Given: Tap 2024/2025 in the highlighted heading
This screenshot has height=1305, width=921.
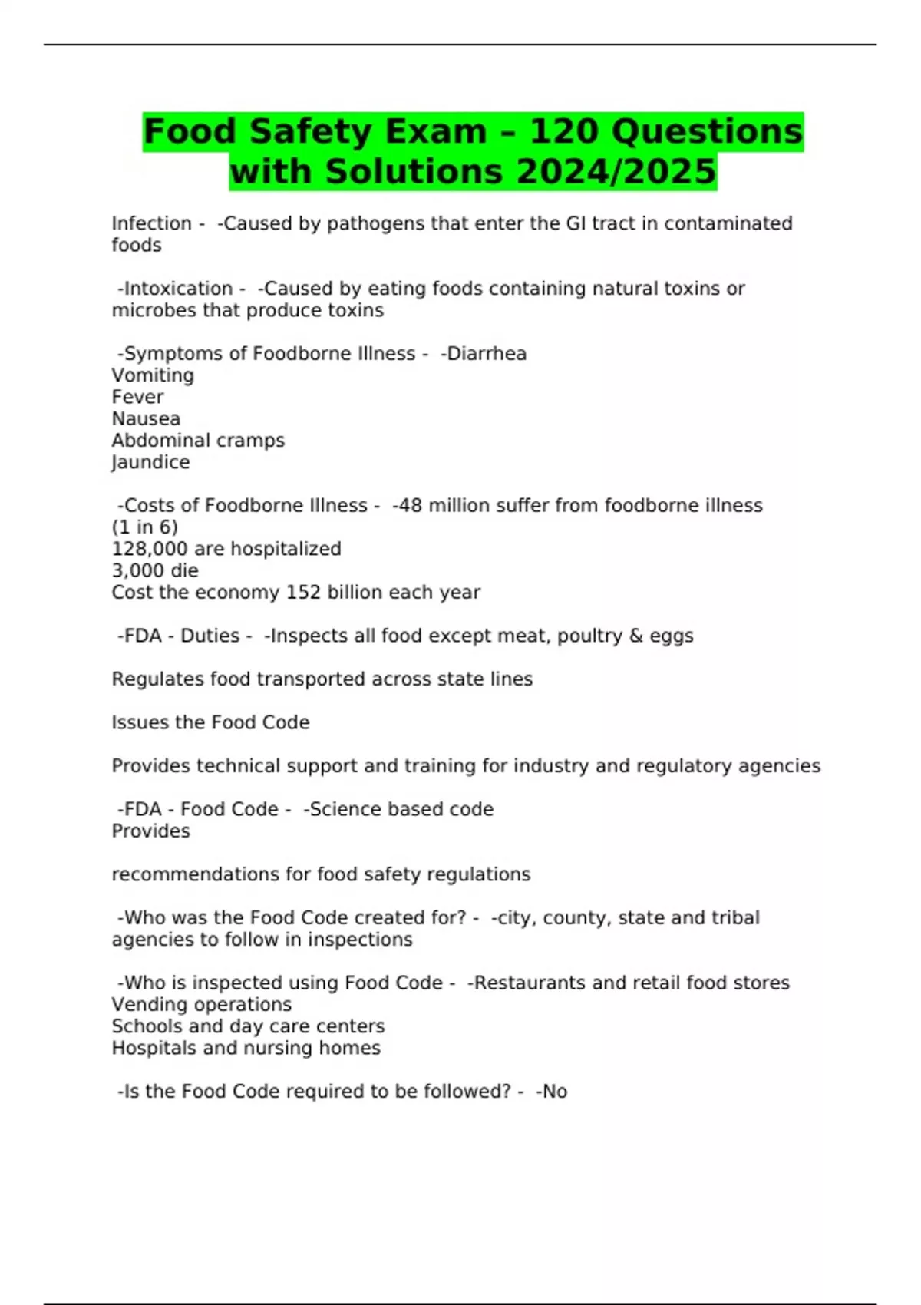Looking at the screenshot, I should [616, 171].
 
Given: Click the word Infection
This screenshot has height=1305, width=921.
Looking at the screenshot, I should [151, 223].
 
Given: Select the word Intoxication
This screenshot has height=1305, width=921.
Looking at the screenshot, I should [178, 289].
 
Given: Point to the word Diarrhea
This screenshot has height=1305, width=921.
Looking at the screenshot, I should [487, 354].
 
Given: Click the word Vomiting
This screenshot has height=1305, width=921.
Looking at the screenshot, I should [153, 375].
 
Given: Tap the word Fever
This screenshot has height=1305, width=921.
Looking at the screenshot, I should [137, 397].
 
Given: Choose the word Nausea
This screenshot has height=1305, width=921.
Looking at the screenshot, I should [146, 419].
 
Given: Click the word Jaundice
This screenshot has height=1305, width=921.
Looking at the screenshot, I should [150, 462].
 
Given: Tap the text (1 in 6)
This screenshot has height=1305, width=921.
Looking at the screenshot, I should [144, 527].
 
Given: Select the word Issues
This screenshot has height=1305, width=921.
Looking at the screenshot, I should [136, 722].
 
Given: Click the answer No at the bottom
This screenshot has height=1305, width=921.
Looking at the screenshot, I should [554, 1092].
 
